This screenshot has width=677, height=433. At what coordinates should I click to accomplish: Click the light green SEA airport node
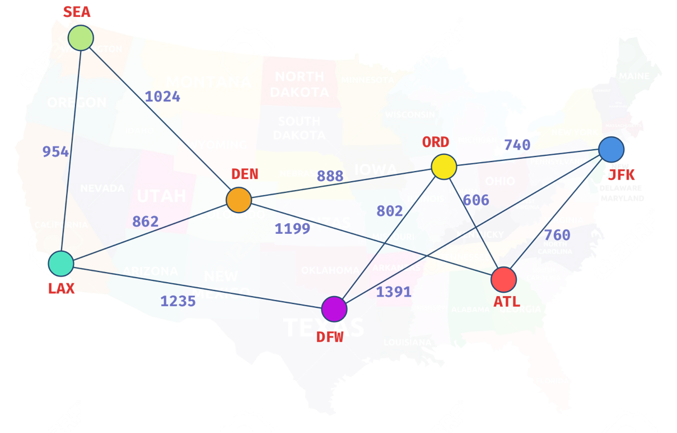pyautogui.click(x=80, y=38)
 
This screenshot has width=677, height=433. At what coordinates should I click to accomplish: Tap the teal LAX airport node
pyautogui.click(x=60, y=264)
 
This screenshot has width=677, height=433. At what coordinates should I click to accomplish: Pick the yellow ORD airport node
pyautogui.click(x=444, y=167)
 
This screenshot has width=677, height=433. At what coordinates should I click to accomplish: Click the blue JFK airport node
pyautogui.click(x=611, y=150)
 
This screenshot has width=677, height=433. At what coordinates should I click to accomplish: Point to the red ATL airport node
pyautogui.click(x=503, y=279)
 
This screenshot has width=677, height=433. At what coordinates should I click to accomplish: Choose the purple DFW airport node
pyautogui.click(x=334, y=308)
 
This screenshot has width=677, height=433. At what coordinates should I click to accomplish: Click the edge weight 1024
pyautogui.click(x=162, y=96)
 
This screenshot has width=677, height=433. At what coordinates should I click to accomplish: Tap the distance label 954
pyautogui.click(x=56, y=151)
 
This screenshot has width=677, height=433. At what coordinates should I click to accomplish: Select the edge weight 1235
pyautogui.click(x=178, y=301)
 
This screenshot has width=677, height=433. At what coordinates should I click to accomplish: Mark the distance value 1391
pyautogui.click(x=394, y=292)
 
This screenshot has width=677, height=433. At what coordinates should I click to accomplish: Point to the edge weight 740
pyautogui.click(x=517, y=145)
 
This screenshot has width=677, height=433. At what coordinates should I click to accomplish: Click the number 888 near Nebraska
pyautogui.click(x=330, y=176)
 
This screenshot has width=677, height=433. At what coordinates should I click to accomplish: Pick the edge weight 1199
pyautogui.click(x=292, y=228)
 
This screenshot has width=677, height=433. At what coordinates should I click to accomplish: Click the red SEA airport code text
pyautogui.click(x=77, y=12)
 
